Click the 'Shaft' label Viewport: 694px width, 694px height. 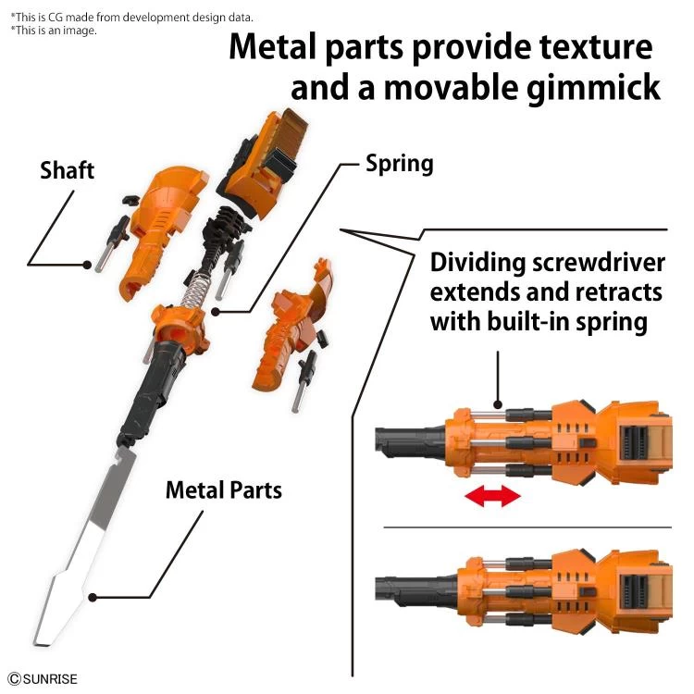(x=67, y=170)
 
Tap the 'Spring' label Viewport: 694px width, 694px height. (x=399, y=165)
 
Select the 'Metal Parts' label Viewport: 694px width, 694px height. (x=223, y=489)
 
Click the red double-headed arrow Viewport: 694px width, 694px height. (x=492, y=497)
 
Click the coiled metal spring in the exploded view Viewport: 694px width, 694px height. (x=195, y=297)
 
